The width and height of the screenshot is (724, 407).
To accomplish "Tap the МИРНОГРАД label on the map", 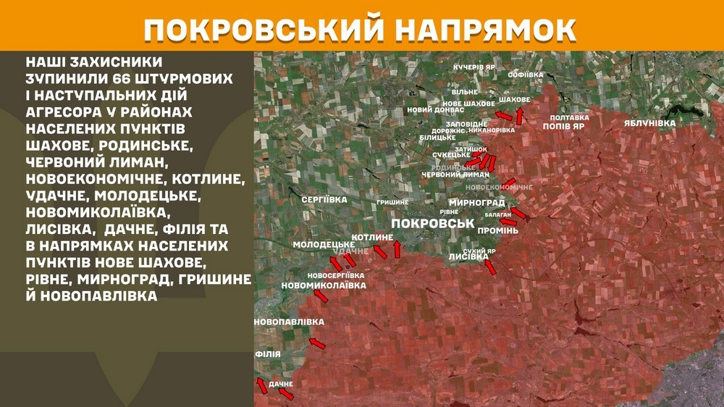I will (476, 202).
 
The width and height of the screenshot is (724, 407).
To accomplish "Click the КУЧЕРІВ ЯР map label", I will (474, 67).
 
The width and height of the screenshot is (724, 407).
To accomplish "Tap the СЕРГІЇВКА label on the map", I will (324, 199).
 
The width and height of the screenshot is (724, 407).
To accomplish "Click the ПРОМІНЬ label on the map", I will (497, 230).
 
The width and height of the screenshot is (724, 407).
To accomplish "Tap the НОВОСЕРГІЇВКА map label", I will (335, 275).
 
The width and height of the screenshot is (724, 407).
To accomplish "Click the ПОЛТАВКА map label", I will (570, 117).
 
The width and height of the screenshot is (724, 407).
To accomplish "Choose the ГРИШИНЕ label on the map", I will (392, 202).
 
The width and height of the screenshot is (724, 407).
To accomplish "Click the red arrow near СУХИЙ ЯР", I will (490, 267).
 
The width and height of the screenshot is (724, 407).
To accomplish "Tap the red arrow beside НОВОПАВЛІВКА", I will (317, 341).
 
